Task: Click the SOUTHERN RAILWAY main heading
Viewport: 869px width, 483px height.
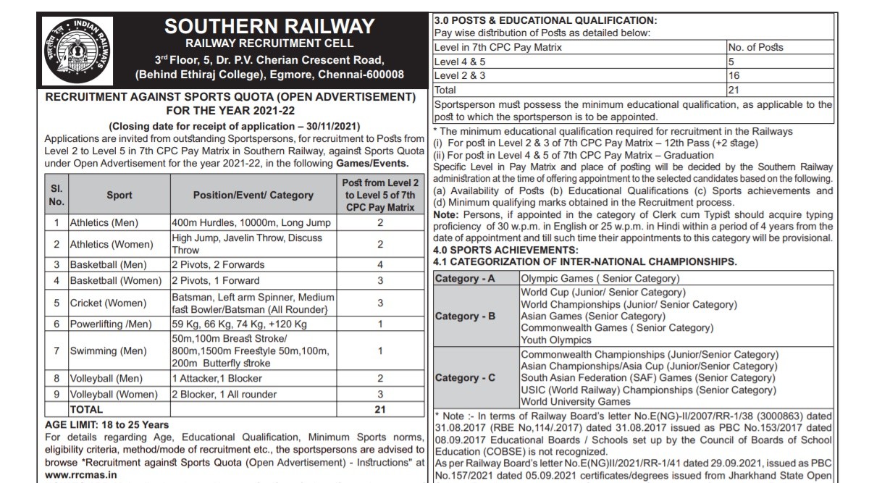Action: [x=269, y=27]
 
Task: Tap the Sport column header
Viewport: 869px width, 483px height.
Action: [x=119, y=195]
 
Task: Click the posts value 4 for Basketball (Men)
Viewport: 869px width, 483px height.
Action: [x=379, y=264]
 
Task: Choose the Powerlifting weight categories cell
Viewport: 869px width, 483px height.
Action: [x=239, y=324]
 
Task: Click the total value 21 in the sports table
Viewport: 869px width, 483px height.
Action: [x=379, y=409]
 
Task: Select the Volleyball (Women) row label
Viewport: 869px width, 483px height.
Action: [x=112, y=394]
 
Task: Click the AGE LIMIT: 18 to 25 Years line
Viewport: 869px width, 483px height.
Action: [x=107, y=424]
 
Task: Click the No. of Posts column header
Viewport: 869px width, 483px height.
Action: [x=755, y=47]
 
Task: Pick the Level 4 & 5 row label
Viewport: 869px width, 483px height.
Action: [x=459, y=62]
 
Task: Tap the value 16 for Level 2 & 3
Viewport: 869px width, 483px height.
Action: [x=734, y=75]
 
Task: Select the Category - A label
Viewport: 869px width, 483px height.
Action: [x=465, y=279]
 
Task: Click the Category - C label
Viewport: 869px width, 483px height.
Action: [x=465, y=378]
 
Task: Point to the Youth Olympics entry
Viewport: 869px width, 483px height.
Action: [x=556, y=340]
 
